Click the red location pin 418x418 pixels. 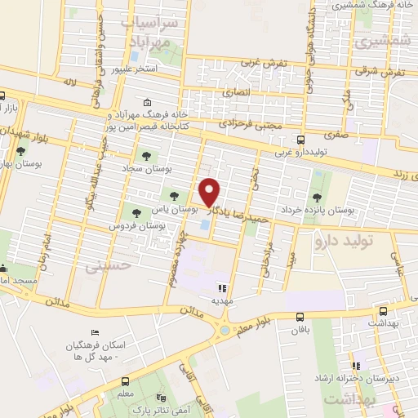click(x=210, y=192)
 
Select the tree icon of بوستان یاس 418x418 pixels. click(x=173, y=194)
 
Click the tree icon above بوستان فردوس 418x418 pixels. click(x=136, y=212)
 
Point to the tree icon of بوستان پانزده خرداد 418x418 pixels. click(x=317, y=196)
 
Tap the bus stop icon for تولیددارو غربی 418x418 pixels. click(x=300, y=139)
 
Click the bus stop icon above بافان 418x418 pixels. click(x=300, y=317)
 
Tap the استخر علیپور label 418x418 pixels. click(x=146, y=70)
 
